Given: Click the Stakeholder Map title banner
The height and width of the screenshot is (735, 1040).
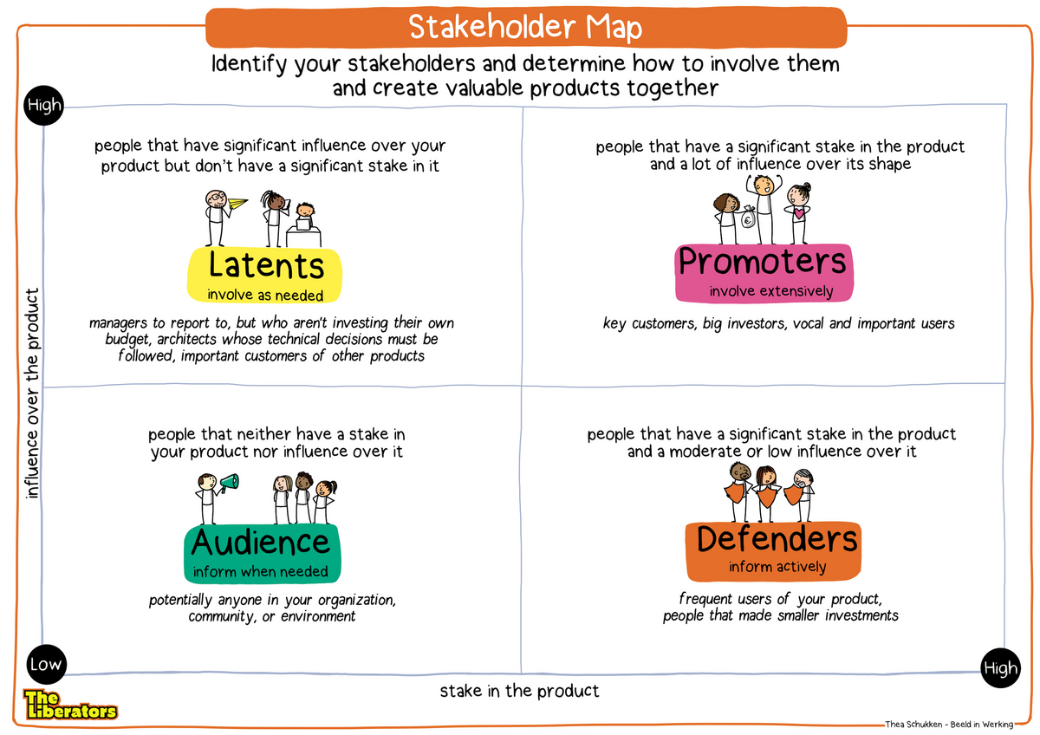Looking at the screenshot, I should click(525, 28).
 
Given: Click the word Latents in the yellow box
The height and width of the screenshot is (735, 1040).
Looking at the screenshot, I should click(266, 265).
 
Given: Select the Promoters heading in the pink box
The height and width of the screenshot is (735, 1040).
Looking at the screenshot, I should click(762, 260).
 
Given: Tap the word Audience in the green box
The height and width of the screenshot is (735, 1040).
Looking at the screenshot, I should click(261, 543).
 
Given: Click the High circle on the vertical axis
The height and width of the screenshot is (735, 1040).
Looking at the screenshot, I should click(45, 106).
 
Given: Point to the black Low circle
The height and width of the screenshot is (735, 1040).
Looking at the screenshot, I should click(45, 665).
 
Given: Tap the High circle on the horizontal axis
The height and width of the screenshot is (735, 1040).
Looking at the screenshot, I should click(1000, 668).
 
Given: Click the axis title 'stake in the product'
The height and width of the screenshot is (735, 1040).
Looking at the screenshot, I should click(519, 691).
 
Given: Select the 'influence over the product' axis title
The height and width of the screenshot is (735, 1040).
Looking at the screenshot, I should click(33, 394).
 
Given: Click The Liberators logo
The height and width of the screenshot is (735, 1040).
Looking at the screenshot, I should click(69, 704).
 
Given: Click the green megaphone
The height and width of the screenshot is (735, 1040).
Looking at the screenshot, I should click(229, 482).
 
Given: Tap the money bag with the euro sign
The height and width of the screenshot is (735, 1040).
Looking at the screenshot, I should click(748, 220).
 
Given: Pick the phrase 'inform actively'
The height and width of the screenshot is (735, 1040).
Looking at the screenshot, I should click(777, 568).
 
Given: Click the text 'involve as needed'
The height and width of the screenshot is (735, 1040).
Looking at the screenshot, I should click(265, 295).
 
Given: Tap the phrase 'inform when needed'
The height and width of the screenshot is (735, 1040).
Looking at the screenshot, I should click(260, 571).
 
